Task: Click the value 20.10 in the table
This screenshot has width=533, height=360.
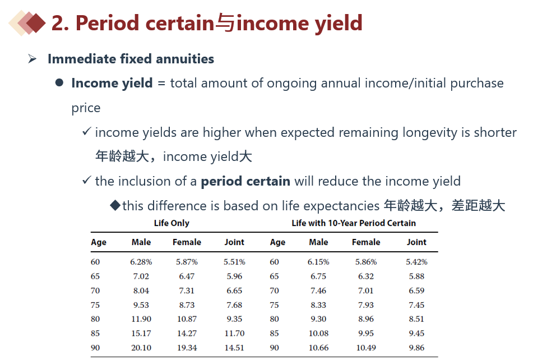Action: click(141, 348)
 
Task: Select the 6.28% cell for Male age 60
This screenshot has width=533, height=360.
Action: click(141, 262)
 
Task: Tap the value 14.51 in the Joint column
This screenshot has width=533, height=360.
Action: click(234, 348)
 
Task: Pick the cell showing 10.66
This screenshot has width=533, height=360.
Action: click(318, 348)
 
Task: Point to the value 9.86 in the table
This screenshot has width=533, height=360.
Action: click(416, 348)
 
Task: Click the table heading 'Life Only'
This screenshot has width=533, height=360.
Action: click(172, 223)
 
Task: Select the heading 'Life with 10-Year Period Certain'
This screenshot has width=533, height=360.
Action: click(354, 223)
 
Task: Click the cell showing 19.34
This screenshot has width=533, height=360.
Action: click(187, 348)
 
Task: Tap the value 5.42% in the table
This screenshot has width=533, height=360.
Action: click(416, 262)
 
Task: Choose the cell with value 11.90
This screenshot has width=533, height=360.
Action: click(141, 319)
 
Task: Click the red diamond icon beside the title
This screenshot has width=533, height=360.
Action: click(35, 23)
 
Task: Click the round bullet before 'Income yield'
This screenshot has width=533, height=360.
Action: click(59, 83)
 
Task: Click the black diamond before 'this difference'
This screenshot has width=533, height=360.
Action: click(115, 205)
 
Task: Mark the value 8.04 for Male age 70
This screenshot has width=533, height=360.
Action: click(141, 290)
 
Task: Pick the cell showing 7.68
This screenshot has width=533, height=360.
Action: click(234, 305)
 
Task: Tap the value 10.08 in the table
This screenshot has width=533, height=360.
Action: click(318, 334)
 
